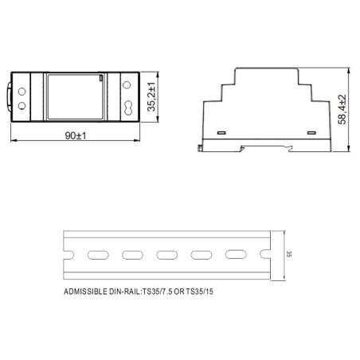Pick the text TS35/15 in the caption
pyautogui.click(x=205, y=292)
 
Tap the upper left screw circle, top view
pyautogui.click(x=22, y=84)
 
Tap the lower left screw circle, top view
pyautogui.click(x=22, y=105)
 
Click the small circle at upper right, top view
pyautogui.click(x=130, y=82)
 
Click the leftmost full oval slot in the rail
pyautogui.click(x=98, y=255)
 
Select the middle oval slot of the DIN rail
pyautogui.click(x=167, y=255)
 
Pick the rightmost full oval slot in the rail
pyautogui.click(x=236, y=255)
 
